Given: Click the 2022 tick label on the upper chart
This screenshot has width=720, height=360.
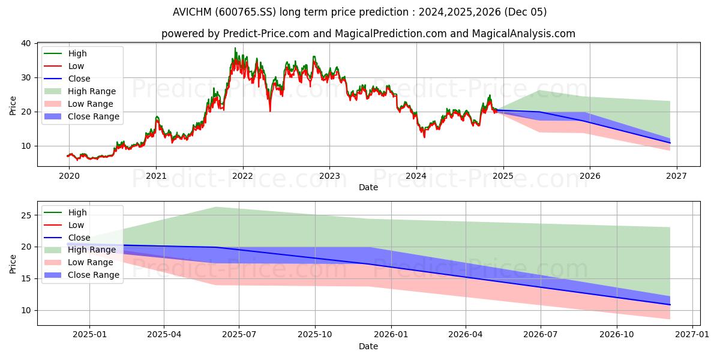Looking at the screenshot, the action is tap(242, 176).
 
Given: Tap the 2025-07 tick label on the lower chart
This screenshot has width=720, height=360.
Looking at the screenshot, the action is tap(239, 335).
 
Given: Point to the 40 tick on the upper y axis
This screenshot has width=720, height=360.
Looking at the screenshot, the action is tap(26, 43).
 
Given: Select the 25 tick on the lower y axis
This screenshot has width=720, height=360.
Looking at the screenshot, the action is tap(26, 215).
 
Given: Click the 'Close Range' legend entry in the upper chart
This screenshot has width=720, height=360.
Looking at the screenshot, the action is tap(82, 116).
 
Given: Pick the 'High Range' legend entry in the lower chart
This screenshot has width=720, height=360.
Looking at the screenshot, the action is tap(80, 250).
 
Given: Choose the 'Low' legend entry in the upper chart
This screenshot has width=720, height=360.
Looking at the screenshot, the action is tap(64, 66).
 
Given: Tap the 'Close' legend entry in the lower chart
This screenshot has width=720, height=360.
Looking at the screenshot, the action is tap(67, 238).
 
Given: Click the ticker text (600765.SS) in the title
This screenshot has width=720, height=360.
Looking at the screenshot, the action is tap(245, 12).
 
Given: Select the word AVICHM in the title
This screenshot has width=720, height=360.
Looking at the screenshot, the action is tap(192, 12).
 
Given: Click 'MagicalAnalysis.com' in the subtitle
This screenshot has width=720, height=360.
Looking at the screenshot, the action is tap(523, 34).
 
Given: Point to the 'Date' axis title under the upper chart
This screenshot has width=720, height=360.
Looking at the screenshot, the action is tap(368, 187).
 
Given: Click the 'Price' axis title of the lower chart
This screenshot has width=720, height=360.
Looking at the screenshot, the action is tap(13, 264).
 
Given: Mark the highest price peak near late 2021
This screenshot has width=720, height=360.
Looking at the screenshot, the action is tap(235, 48).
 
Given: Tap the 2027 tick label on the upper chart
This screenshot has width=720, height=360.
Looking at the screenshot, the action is tap(676, 176).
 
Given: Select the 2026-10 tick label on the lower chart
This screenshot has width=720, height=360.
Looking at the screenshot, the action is tap(617, 335).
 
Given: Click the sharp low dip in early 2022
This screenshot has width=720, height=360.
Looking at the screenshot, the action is tap(270, 111).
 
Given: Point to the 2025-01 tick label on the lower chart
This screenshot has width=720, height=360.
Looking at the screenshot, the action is tap(89, 335).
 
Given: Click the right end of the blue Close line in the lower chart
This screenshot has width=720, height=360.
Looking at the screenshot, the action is tap(670, 305).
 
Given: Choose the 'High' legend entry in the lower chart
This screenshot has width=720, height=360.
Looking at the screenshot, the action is tap(65, 212).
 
